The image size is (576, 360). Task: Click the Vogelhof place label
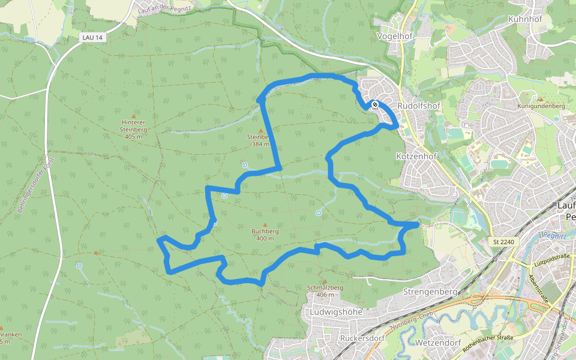393,36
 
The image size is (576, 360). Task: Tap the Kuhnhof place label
524,19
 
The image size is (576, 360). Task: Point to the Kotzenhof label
414,156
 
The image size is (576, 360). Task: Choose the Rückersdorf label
361,338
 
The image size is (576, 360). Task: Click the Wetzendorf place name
437,343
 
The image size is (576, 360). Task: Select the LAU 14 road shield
91,38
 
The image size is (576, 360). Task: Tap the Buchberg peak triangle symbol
265,225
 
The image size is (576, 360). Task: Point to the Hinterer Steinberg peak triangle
133,116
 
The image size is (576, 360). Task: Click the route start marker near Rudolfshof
374,105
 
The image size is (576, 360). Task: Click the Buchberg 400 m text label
265,235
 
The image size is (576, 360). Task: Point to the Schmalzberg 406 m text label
325,291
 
